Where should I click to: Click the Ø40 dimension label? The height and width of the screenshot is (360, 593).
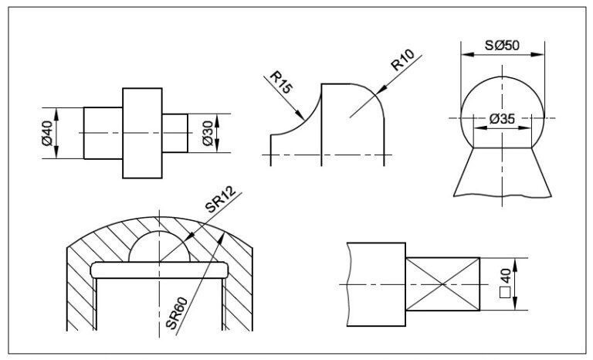coord(48,134)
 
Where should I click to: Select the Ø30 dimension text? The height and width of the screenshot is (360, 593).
coord(207,134)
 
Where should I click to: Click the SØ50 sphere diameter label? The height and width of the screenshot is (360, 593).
coord(503,46)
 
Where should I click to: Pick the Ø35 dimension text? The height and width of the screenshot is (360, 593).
coord(503,118)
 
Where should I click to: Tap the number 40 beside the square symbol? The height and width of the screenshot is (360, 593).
coord(506,275)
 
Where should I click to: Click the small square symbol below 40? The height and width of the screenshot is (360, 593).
coord(506,292)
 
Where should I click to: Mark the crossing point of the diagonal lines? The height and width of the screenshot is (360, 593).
coord(443,284)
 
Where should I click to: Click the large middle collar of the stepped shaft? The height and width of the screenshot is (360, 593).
coord(143,133)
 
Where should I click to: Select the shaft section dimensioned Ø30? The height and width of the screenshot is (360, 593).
coord(175,133)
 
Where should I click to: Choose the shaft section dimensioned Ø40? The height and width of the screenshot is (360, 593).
coord(103,133)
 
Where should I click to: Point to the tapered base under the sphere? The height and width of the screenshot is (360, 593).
coord(503,172)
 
